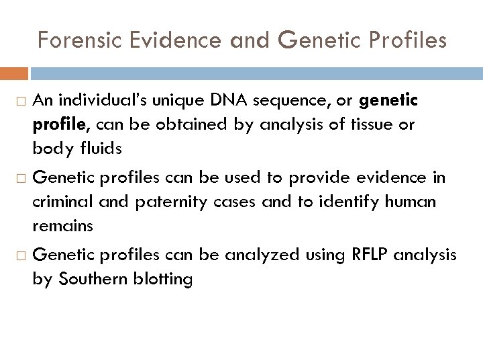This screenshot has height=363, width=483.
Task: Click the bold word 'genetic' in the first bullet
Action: coord(388,101)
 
